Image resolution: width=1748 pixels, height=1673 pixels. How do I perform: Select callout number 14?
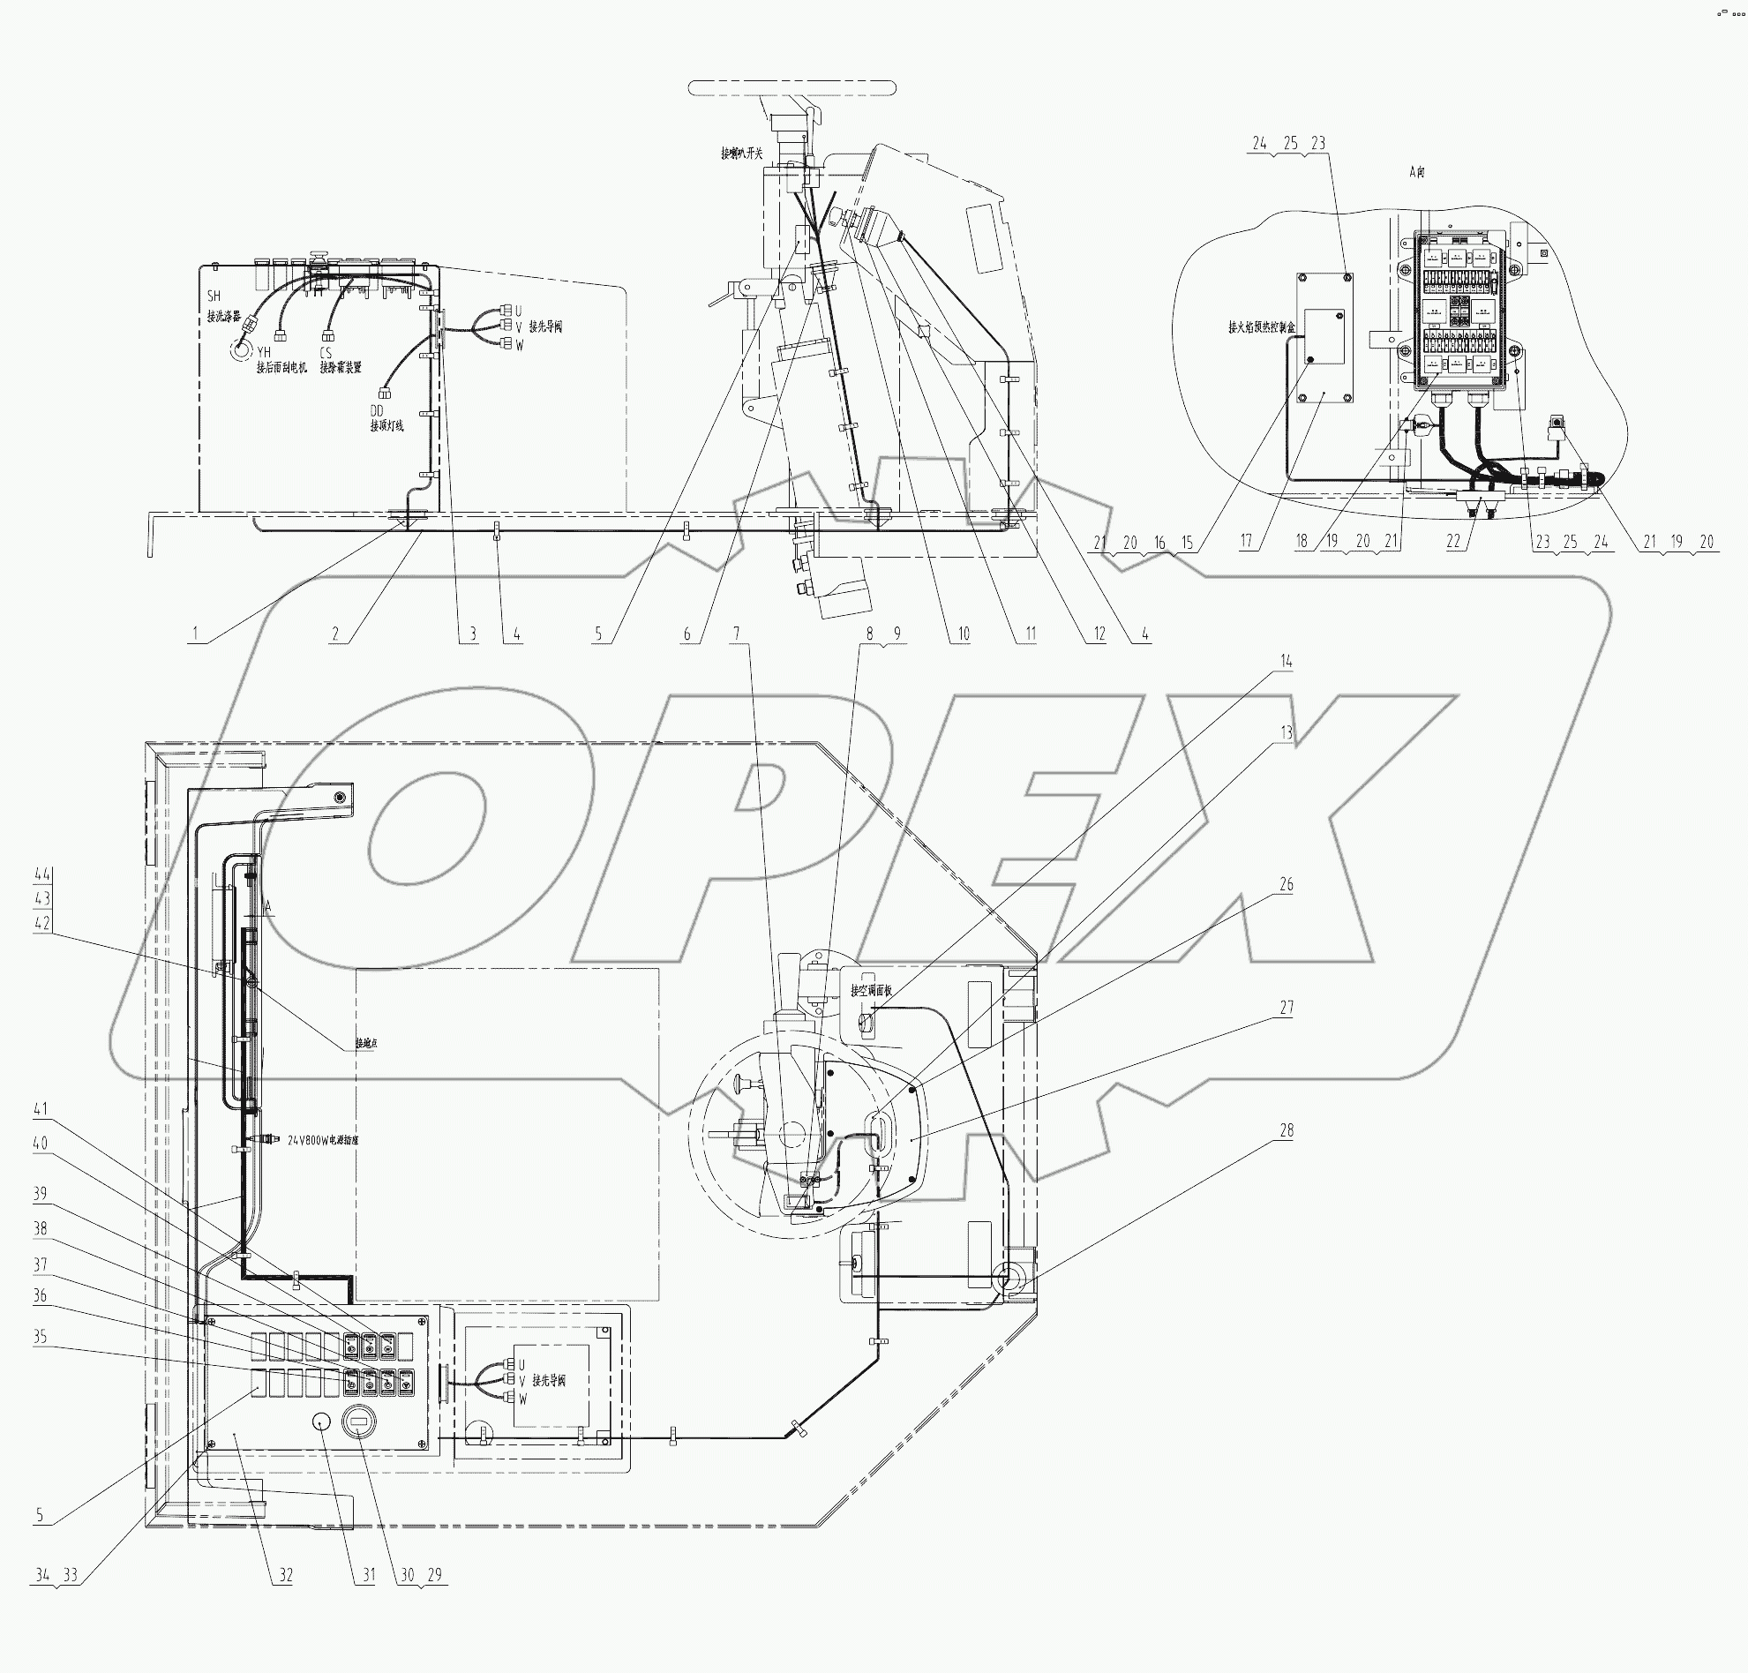pos(1286,661)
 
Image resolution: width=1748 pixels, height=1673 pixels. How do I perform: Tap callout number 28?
pos(1286,1130)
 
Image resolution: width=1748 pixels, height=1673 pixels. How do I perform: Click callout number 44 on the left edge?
pos(42,873)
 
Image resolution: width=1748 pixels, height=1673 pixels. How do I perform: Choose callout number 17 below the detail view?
pos(1247,541)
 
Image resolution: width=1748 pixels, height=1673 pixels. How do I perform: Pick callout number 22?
pos(1454,541)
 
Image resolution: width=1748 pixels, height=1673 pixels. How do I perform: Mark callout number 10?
pos(964,634)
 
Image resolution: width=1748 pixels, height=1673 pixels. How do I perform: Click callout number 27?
pos(1286,1007)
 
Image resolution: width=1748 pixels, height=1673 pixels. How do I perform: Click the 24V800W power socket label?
pos(322,1140)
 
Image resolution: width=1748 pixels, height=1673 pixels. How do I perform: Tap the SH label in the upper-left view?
pos(214,296)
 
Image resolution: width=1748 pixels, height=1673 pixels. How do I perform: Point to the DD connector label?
pos(377,409)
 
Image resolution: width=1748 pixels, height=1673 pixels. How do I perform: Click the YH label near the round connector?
pos(263,352)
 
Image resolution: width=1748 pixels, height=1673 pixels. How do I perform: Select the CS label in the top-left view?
pos(326,352)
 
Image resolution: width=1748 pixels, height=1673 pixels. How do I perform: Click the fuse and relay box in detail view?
pos(1460,311)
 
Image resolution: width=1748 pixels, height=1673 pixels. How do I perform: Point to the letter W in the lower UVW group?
pos(522,1399)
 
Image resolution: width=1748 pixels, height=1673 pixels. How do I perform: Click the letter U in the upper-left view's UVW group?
pos(519,311)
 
